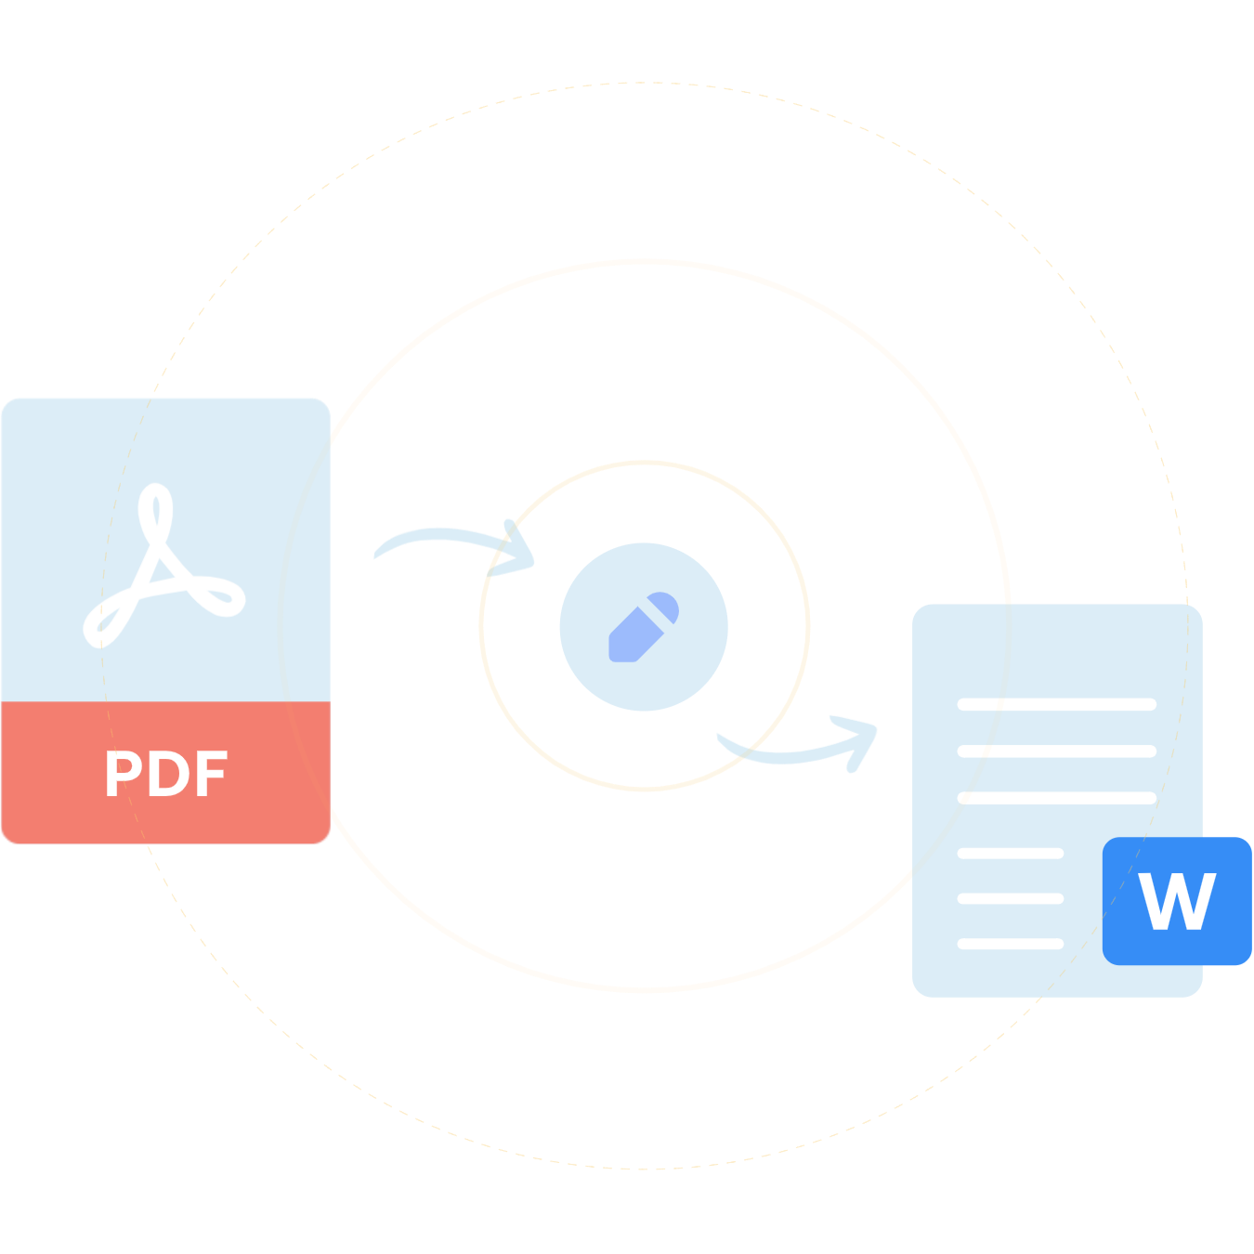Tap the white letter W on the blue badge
[x=1177, y=901]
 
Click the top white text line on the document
[x=1056, y=704]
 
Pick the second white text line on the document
[x=1056, y=751]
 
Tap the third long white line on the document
[x=1056, y=798]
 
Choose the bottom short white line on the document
[x=1010, y=944]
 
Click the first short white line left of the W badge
[x=1010, y=853]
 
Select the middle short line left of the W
[x=1010, y=898]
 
